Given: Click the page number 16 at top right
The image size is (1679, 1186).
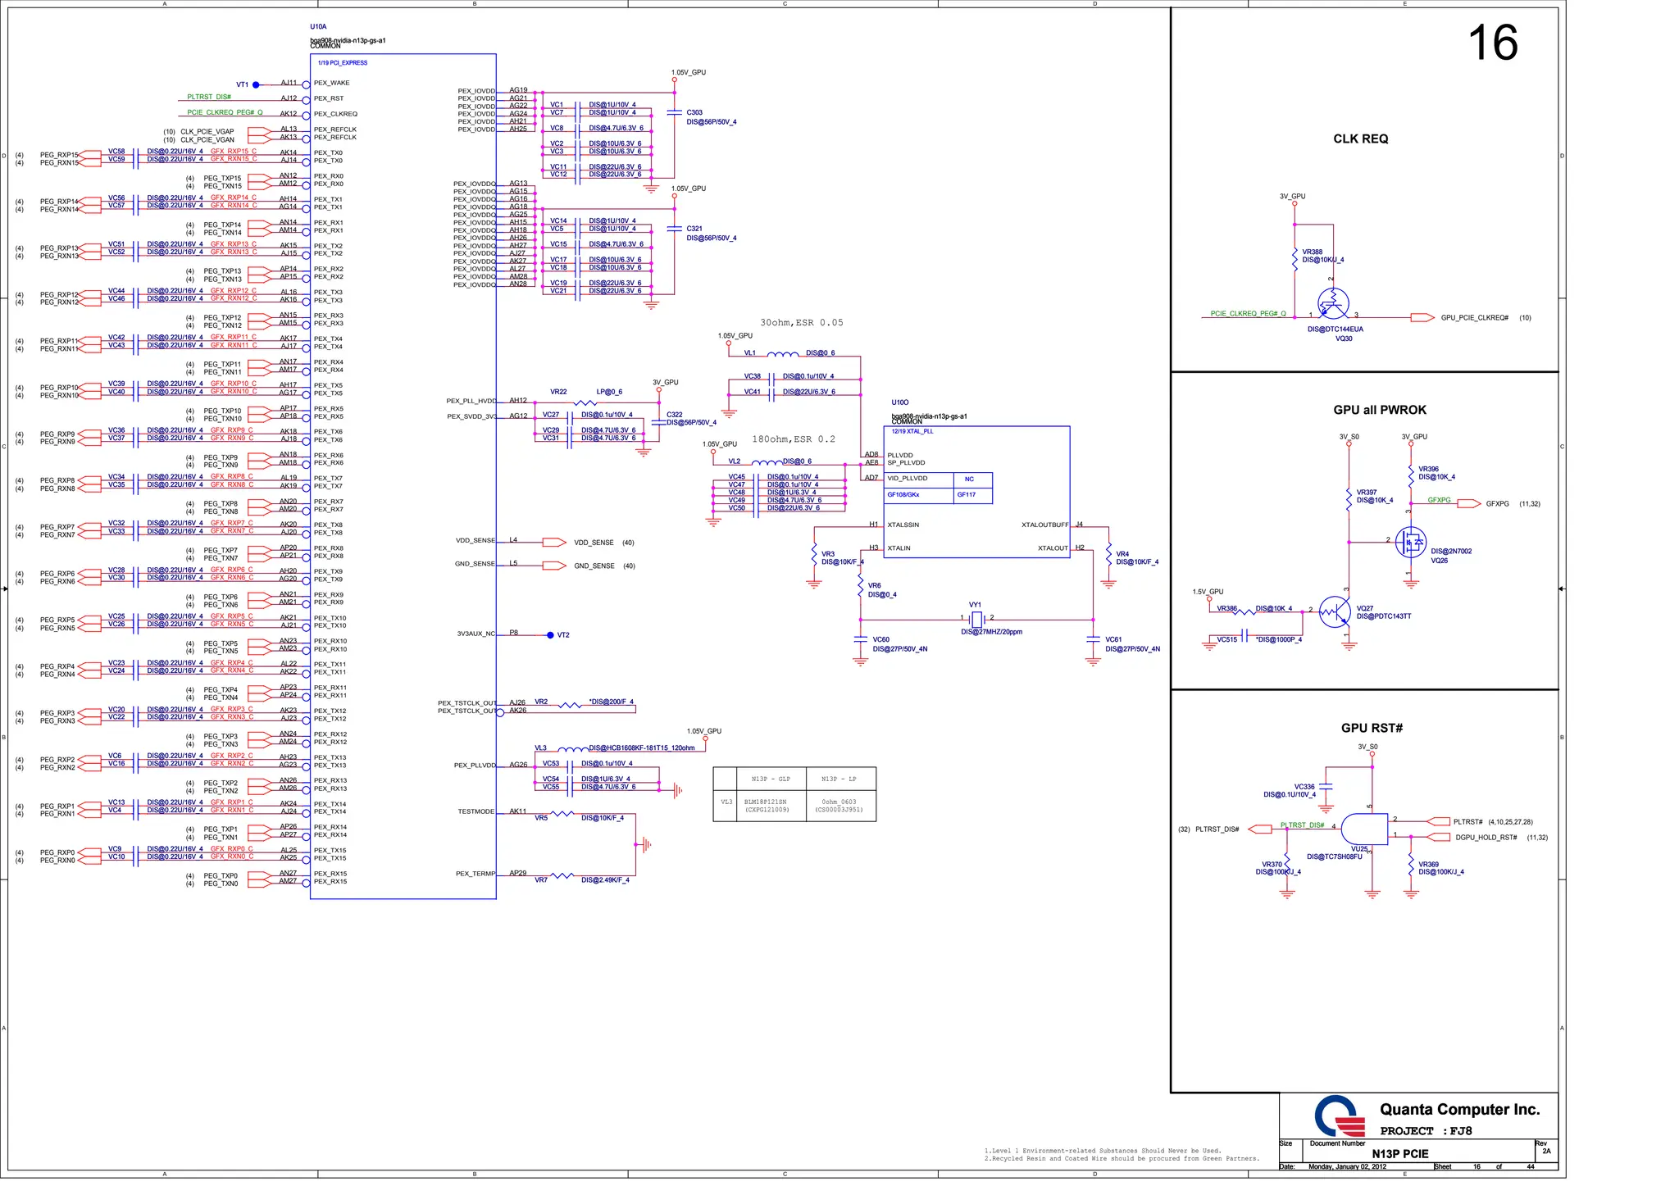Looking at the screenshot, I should [1491, 43].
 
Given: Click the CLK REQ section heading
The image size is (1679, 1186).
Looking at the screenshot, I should [1360, 139].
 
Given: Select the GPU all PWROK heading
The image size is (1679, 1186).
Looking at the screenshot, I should [1379, 410].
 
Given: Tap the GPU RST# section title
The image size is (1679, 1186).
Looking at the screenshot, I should [1372, 728].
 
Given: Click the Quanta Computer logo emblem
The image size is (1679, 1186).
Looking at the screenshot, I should [1339, 1116].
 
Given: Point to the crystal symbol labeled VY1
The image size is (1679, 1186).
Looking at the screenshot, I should [976, 619].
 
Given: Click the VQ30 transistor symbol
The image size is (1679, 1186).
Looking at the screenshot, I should [1333, 304].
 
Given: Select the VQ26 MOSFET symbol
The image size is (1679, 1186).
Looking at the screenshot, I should [1410, 543].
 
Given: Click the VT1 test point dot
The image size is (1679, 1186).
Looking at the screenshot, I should [256, 84].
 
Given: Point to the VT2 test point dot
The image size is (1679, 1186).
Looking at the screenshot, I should [550, 635].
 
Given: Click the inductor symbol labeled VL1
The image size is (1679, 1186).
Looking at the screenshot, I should [782, 354].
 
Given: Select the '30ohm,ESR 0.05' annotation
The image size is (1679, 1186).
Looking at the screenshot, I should [801, 323].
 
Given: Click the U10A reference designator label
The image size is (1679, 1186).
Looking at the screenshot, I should [318, 27].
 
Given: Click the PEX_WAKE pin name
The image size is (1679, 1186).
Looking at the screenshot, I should [331, 83].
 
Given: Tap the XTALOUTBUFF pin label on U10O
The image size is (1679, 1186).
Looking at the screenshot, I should [1044, 525].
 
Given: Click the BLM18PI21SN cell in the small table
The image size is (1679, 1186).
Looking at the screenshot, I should [766, 806].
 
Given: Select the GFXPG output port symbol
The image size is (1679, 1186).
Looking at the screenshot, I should [1468, 504].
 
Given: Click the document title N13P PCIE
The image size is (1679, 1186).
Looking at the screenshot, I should [1399, 1154].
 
